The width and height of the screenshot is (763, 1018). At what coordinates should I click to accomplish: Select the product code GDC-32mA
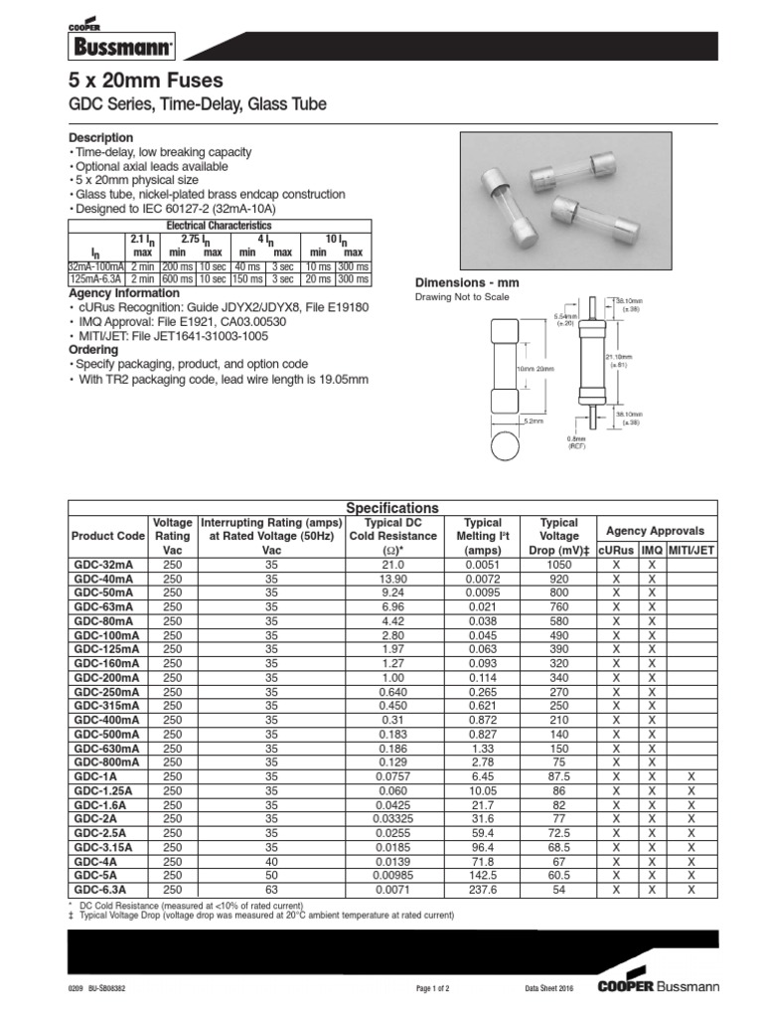point(103,564)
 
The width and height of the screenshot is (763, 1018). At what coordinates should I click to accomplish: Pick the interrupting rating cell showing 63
point(271,890)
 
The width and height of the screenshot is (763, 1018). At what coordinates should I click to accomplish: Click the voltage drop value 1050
point(558,564)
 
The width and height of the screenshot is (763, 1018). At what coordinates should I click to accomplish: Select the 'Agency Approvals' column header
point(655,531)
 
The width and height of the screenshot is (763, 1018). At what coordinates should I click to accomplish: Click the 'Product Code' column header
point(108,537)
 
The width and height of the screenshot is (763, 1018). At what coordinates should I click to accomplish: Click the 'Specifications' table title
point(390,508)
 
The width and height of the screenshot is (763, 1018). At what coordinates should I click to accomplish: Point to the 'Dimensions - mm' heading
point(466,283)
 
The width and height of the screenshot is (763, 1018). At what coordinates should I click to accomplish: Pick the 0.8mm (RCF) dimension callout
point(578,442)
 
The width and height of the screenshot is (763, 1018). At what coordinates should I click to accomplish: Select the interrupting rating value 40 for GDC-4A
point(271,861)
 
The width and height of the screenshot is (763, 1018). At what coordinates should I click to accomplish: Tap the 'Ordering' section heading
point(93,351)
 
